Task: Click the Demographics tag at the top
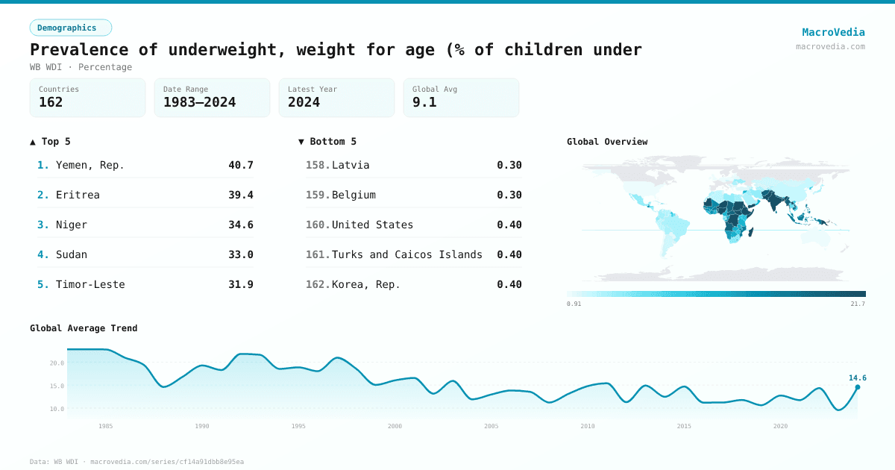70,28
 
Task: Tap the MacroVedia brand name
833,32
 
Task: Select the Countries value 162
51,102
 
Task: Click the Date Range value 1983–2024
199,102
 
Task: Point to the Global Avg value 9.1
424,102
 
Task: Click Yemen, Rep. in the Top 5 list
90,165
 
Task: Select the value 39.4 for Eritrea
240,195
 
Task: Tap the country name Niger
72,225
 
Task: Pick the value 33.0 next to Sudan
240,254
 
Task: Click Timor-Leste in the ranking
90,284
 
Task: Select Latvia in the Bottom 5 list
351,165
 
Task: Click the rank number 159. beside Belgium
317,195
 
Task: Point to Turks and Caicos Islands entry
406,254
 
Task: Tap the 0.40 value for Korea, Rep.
509,284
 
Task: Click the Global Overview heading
607,142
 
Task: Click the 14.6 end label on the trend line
857,377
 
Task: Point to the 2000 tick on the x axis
395,426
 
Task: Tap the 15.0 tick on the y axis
57,386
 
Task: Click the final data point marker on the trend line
857,386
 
